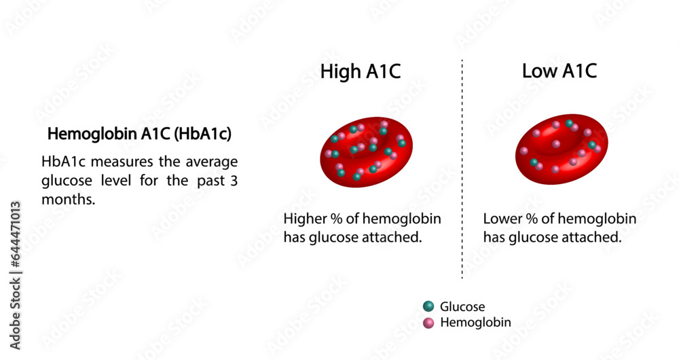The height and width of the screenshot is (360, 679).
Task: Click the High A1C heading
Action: [361, 71]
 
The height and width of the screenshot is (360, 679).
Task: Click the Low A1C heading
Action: [559, 71]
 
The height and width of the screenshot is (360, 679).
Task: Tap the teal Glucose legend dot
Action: [428, 307]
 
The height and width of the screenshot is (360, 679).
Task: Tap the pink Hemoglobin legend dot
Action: [428, 323]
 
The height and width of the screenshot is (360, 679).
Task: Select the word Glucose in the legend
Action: [462, 307]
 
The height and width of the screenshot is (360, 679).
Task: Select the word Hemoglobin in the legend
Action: [475, 323]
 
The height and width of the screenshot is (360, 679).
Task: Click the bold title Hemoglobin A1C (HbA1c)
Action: [139, 134]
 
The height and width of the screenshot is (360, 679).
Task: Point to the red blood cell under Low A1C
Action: [561, 151]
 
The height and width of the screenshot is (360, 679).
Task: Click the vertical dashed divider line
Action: [462, 170]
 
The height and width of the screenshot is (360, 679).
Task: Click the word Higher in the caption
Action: [306, 219]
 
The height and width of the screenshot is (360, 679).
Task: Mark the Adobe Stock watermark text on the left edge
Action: [16, 272]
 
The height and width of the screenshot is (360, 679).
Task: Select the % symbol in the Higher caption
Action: [337, 219]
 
